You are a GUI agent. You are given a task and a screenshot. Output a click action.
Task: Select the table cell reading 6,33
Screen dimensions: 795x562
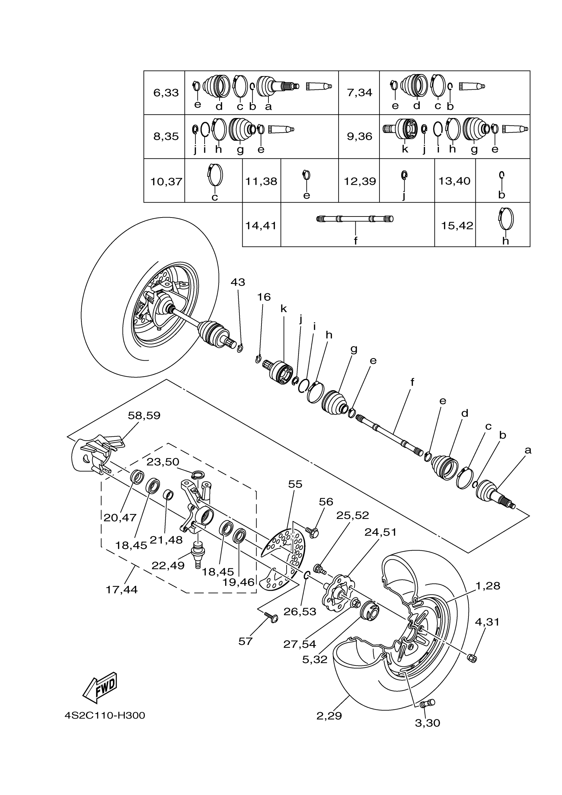(x=166, y=93)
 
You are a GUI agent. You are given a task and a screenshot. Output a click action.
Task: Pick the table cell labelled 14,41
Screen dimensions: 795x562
(x=261, y=225)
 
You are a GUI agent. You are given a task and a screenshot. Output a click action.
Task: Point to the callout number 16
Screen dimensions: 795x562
(x=263, y=297)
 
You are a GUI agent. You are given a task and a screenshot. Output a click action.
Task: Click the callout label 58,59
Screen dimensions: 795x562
(x=144, y=416)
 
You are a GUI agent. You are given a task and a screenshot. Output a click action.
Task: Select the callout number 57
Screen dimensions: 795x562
(x=245, y=641)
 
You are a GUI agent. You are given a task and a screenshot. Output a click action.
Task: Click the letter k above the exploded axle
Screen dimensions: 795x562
(x=284, y=309)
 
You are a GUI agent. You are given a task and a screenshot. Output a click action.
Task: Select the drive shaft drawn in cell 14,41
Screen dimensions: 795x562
(x=355, y=219)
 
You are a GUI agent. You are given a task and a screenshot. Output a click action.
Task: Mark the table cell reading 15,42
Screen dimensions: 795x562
(x=457, y=226)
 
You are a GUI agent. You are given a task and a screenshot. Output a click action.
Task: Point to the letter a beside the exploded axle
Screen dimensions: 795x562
(x=528, y=451)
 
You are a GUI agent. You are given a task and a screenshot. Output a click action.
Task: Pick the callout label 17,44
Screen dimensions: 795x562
(x=122, y=589)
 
